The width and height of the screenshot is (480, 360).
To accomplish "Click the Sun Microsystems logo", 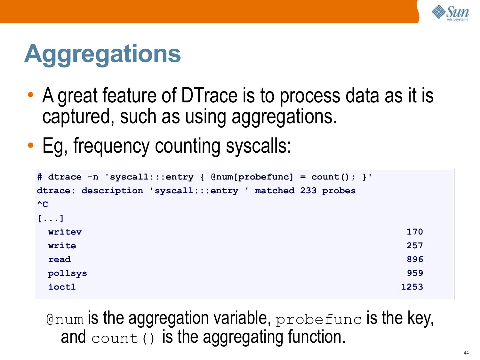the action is click(450, 13).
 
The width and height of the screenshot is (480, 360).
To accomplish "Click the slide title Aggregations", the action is click(102, 54).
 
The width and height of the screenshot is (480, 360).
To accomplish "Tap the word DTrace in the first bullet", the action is click(209, 95).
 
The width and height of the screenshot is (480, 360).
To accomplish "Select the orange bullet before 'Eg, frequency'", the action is click(31, 145).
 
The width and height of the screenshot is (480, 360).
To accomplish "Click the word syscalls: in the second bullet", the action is click(258, 146).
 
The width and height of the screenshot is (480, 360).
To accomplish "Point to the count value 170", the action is click(415, 232).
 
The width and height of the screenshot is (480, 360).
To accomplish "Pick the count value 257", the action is click(415, 245).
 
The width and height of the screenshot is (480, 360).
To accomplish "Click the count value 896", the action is click(415, 259).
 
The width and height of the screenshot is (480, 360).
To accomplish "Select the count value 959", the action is click(415, 273).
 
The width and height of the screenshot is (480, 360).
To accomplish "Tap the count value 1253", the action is click(412, 287).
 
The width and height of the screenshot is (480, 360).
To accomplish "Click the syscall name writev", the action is click(65, 232).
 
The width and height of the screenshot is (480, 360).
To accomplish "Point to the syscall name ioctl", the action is click(62, 287).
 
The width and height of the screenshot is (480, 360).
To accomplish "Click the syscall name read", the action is click(60, 260).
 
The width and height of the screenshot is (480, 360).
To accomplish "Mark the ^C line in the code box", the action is click(43, 204).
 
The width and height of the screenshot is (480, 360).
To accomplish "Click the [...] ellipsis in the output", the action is click(51, 218).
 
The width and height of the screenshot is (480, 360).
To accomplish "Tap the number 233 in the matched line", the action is click(308, 191).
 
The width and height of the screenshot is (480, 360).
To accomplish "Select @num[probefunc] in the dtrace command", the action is click(252, 177).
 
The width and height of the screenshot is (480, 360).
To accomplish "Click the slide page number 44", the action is click(466, 353).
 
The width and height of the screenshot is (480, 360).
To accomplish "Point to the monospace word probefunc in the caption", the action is click(319, 320).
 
